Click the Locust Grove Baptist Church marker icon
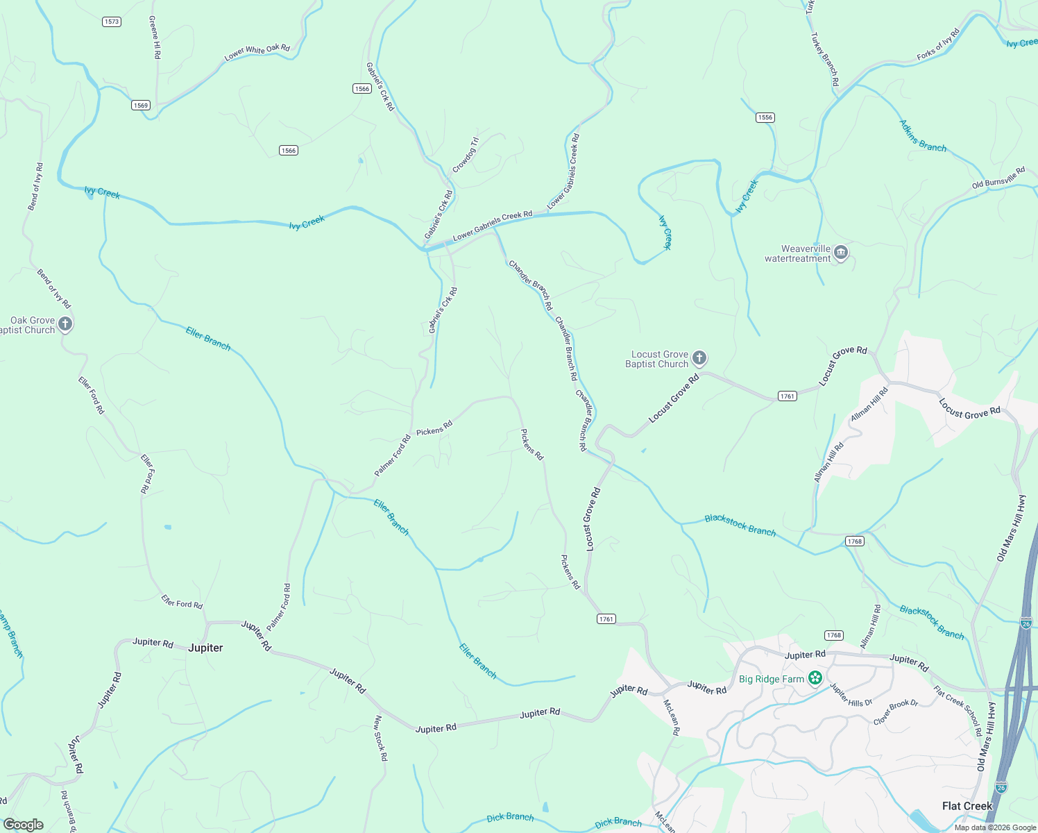point(699,358)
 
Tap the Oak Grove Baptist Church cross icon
point(65,323)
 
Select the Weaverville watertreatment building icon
point(841,252)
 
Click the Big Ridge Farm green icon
point(815,678)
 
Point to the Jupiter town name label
point(205,648)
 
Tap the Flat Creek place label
point(967,806)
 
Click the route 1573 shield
point(112,22)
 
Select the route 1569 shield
point(141,105)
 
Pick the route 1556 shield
point(765,117)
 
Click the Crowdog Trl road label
point(466,155)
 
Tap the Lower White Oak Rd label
point(257,52)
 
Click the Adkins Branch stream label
point(923,136)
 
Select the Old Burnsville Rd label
point(998,178)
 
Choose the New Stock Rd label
point(380,738)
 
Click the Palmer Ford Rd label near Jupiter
point(279,607)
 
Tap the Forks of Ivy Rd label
point(938,44)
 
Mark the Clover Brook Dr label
point(895,713)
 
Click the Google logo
point(24,825)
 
